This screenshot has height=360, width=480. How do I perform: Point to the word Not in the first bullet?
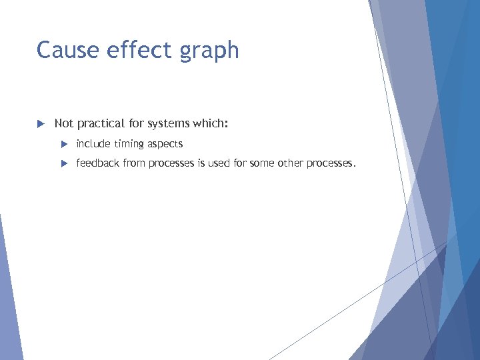[x=64, y=123]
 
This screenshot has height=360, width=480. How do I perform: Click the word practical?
[x=101, y=124]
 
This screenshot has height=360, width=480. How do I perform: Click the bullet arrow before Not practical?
[x=40, y=124]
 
